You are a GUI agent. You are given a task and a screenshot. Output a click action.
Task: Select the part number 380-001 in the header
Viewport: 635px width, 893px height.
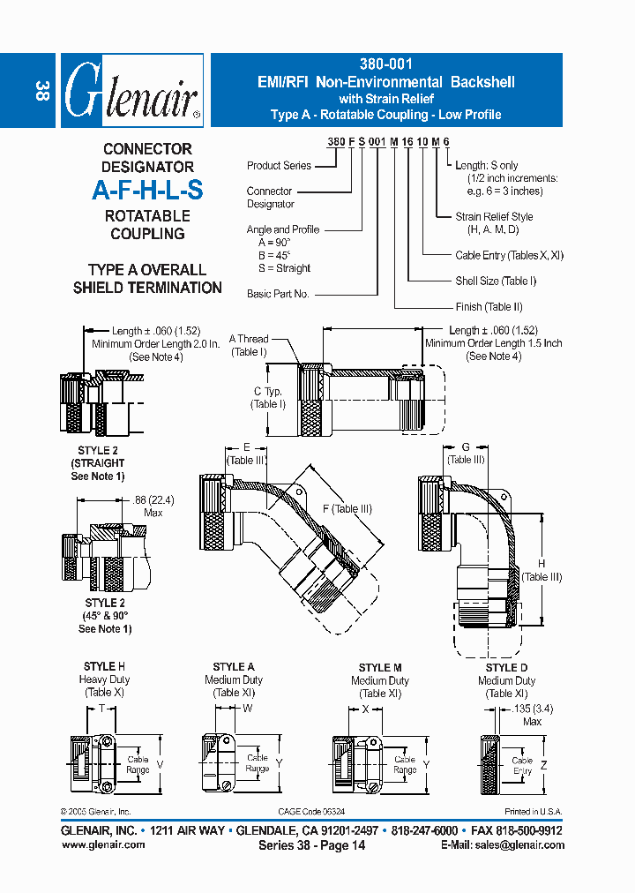pos(386,64)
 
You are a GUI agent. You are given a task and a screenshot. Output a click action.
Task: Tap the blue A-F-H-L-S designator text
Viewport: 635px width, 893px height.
pos(147,191)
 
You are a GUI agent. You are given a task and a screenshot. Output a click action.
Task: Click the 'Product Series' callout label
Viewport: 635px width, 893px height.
pos(279,166)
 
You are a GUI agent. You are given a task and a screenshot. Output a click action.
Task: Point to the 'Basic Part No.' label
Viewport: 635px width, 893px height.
pos(278,294)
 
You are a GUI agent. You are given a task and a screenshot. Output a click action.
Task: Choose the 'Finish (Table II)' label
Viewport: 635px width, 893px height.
pos(489,307)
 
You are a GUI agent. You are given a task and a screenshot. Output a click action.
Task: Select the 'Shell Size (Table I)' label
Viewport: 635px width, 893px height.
pos(496,281)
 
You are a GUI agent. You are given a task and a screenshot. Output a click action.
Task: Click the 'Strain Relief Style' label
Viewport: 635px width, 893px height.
pos(494,216)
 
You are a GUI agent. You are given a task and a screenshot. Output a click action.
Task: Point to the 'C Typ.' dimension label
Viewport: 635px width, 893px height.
pos(268,391)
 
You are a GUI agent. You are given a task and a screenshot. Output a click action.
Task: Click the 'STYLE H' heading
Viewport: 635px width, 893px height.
pos(104,667)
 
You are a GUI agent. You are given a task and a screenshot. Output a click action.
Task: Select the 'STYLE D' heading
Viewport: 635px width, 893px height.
pos(506,668)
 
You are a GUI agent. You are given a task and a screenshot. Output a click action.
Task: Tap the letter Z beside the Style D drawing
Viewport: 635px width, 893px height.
pos(544,764)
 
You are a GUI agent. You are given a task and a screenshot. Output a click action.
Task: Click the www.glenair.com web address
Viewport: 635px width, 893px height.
pos(103,844)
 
